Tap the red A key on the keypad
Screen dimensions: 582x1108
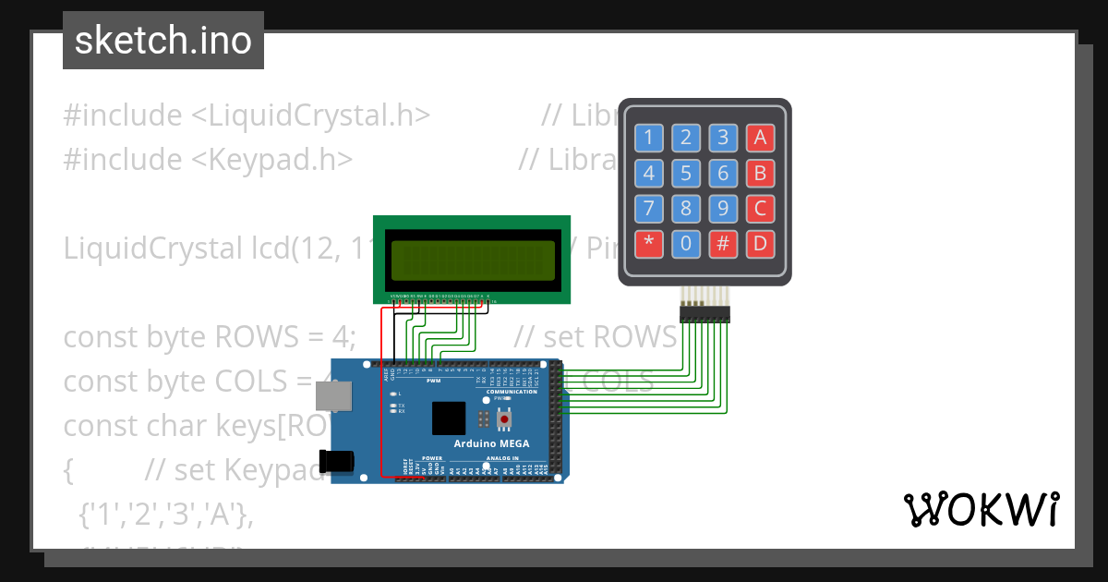[760, 139]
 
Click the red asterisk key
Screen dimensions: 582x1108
[648, 244]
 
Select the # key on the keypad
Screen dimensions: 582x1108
[723, 244]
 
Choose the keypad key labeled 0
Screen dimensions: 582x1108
[685, 244]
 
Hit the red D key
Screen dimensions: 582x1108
[760, 244]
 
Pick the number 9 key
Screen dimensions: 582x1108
[723, 209]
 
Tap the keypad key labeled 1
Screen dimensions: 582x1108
[648, 139]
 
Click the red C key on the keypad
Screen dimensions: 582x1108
[760, 209]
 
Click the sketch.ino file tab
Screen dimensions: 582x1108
[163, 41]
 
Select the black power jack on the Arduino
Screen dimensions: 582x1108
[336, 462]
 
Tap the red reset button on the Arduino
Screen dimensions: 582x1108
[504, 420]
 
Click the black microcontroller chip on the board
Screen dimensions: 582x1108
[449, 418]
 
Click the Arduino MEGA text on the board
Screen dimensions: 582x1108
[492, 443]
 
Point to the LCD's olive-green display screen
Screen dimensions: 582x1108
[472, 260]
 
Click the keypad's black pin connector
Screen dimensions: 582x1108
[705, 315]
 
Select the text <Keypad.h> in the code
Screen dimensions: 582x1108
[271, 159]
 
